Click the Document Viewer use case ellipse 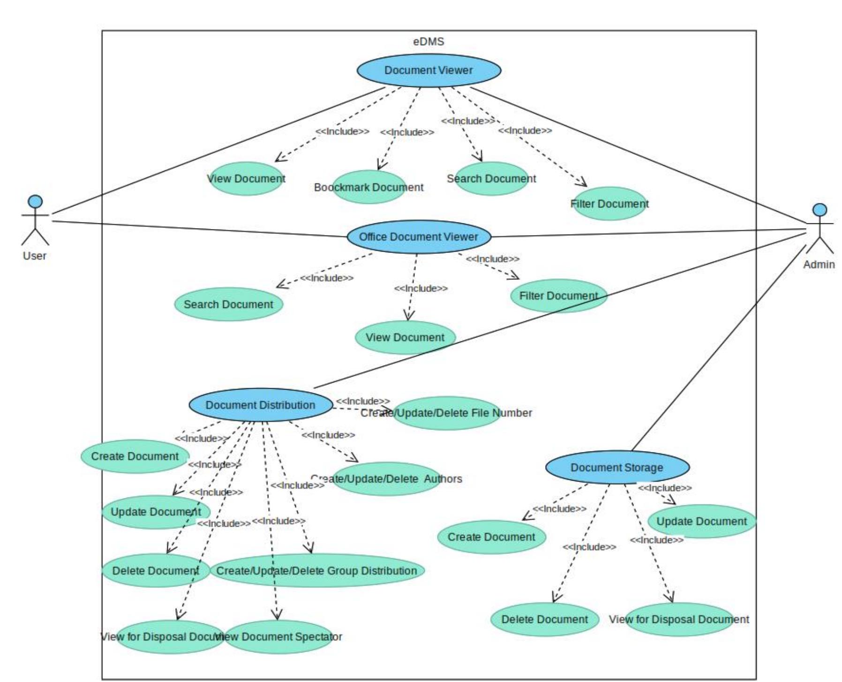tap(429, 70)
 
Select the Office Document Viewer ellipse tap(419, 237)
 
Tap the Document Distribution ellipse tap(261, 405)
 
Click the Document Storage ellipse tap(617, 467)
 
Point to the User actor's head tap(35, 201)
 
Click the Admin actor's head tap(819, 209)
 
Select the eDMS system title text tap(428, 42)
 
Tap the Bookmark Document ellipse tap(369, 187)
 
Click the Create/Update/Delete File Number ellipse tap(446, 413)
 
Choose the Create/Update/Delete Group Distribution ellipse tap(316, 571)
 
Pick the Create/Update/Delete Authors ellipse tap(386, 479)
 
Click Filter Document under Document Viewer tap(609, 204)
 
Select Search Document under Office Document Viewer tap(228, 305)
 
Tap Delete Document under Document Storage tap(544, 620)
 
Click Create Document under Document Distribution tap(135, 456)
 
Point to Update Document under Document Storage tap(701, 521)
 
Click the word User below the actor tap(35, 256)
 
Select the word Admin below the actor tap(819, 265)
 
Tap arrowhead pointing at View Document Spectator tap(277, 614)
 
